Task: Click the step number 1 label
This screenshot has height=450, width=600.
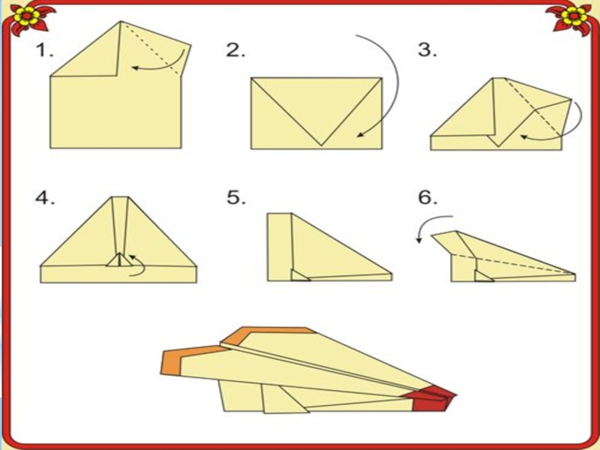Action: (x=44, y=50)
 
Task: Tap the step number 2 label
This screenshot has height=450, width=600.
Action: (x=235, y=50)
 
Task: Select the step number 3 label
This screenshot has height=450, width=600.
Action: (x=427, y=50)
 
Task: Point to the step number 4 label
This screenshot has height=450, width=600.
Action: (x=45, y=198)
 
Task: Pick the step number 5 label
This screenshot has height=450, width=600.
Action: (x=236, y=198)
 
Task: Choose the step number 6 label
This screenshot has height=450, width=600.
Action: (x=427, y=198)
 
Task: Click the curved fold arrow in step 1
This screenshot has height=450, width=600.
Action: (x=168, y=67)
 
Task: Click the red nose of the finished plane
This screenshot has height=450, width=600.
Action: (x=433, y=399)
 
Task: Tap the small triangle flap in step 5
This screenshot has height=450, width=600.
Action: (x=298, y=275)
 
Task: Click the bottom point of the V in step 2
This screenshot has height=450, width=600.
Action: (x=322, y=145)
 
